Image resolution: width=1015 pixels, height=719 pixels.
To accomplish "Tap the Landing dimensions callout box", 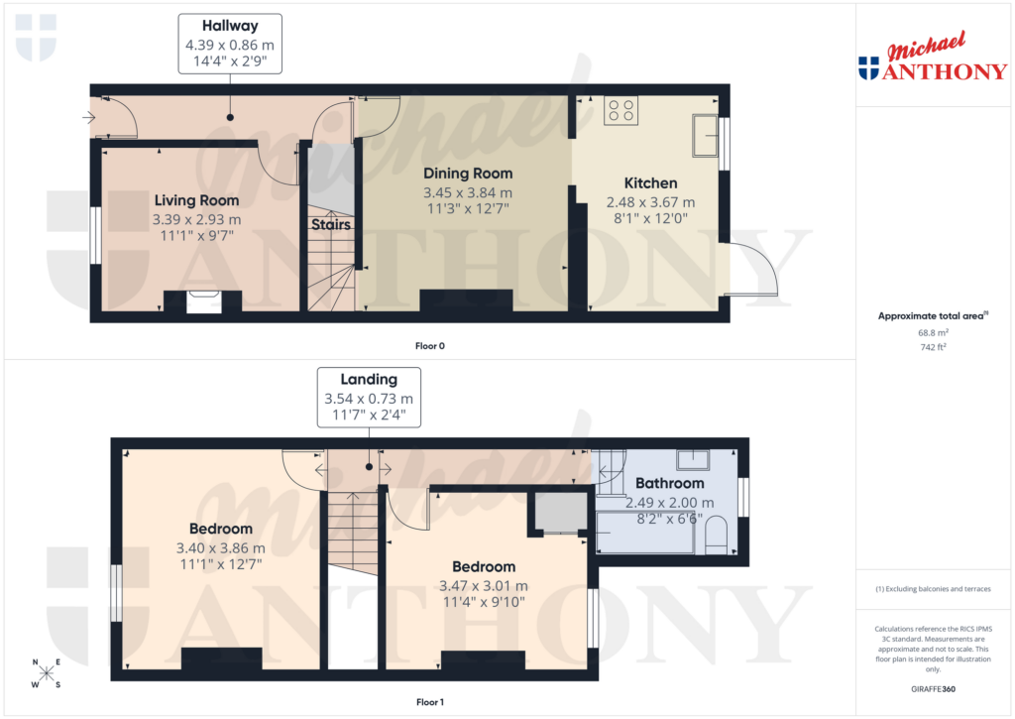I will tap(369, 398).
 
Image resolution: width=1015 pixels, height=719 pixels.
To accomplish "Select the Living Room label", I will tap(196, 200).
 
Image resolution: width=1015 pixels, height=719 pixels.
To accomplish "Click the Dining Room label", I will tap(468, 174).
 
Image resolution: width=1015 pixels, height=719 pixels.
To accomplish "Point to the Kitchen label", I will tap(650, 182).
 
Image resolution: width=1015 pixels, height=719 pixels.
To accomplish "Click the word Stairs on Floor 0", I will tap(331, 224).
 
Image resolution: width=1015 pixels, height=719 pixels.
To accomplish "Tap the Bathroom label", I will tap(670, 483).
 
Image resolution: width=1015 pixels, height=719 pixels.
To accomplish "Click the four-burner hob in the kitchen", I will tap(621, 110).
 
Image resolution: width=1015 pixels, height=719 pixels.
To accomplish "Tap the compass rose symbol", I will tap(46, 673).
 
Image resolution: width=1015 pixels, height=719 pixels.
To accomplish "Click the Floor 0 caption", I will tap(429, 346).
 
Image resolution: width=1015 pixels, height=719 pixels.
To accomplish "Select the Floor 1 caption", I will tap(429, 702).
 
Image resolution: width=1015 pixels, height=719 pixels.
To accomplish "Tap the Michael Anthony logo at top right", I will tap(932, 60).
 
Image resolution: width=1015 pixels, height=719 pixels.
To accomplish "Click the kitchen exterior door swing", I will tap(752, 271).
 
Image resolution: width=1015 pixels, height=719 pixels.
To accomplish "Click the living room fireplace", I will tap(202, 300).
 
